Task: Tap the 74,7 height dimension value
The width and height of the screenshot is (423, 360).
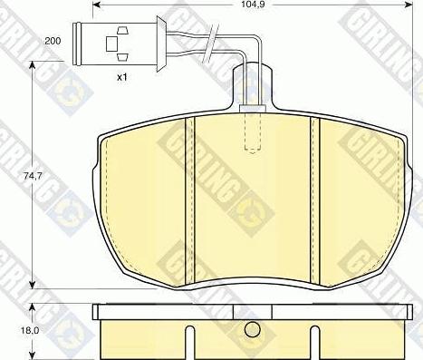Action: [33, 176]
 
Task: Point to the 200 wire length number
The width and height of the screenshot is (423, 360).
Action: [53, 41]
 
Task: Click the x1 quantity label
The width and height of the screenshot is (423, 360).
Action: [122, 77]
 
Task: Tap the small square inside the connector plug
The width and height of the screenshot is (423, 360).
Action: [111, 44]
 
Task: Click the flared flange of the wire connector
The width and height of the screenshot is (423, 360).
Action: [161, 44]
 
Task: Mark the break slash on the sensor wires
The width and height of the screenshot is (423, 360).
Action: [211, 44]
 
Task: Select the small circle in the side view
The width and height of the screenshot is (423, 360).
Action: [253, 329]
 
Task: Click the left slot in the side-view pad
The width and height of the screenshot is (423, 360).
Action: [189, 343]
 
